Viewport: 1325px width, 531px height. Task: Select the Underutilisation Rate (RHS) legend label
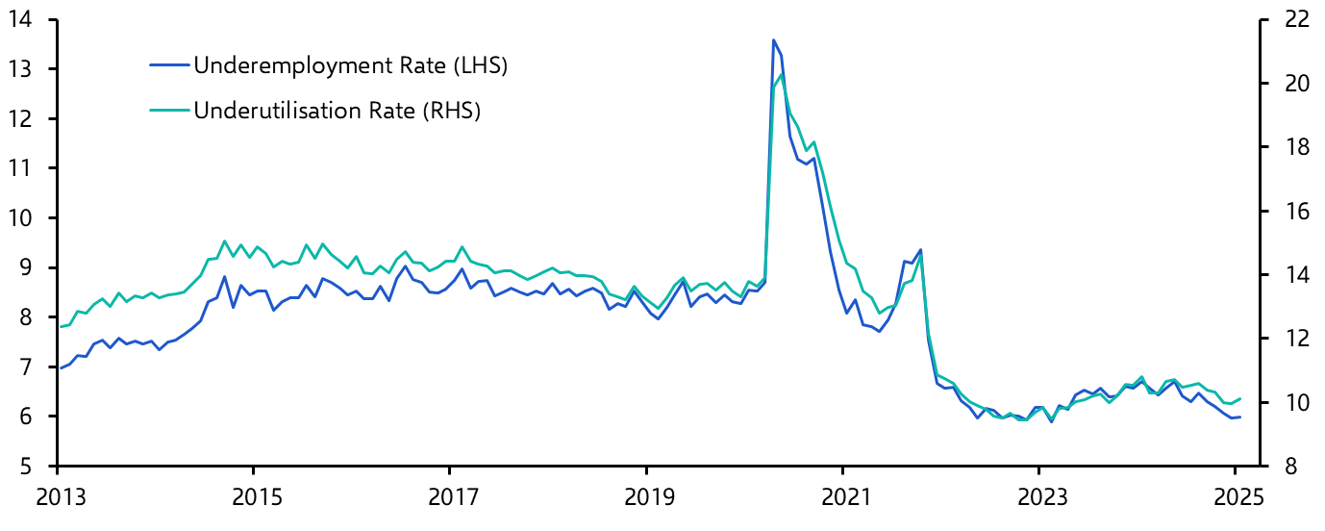[337, 111]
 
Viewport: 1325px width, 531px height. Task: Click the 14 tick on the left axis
[22, 20]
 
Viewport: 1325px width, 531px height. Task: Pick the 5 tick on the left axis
[30, 467]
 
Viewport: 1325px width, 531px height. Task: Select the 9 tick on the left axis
[30, 268]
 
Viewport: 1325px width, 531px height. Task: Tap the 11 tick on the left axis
[22, 169]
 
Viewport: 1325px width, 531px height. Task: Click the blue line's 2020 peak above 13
[773, 40]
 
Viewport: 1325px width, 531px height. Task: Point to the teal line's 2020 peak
[781, 75]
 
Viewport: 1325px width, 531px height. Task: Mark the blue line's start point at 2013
[60, 368]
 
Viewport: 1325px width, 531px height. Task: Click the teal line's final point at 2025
[1240, 398]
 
